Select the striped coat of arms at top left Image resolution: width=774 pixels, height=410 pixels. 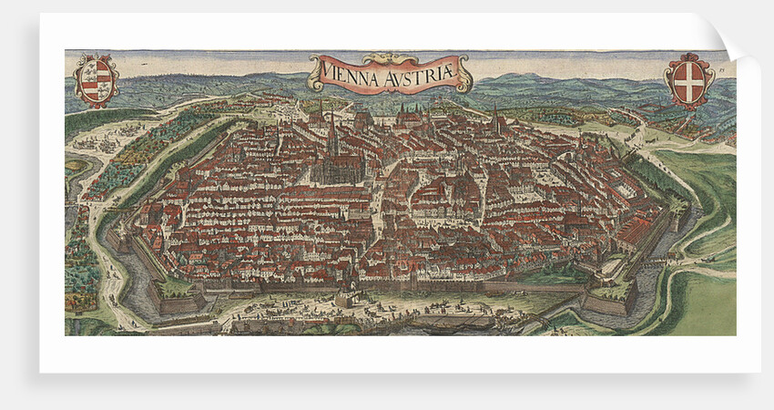[x=96, y=80]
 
